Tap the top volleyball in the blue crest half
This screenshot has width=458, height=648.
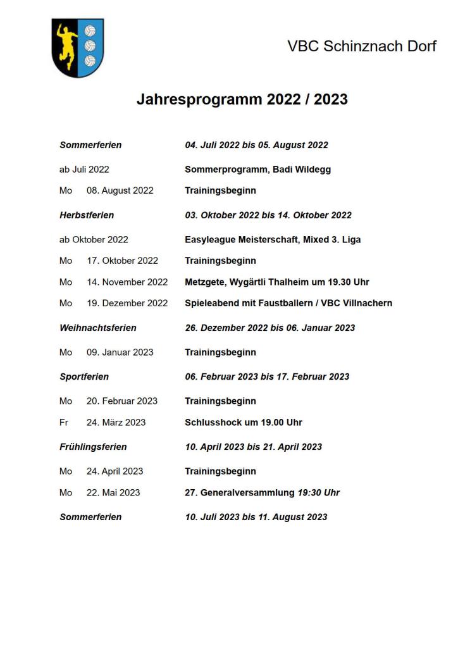tap(90, 31)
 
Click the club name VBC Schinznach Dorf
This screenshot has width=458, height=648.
tap(362, 46)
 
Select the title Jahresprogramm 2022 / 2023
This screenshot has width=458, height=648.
tap(242, 99)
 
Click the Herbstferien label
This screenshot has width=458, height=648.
tap(87, 215)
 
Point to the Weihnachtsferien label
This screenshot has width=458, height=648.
tap(98, 328)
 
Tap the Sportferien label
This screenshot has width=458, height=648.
tap(84, 377)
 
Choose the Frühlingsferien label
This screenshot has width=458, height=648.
tap(93, 447)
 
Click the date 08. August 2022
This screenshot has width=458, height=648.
tap(120, 190)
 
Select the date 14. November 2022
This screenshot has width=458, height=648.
tap(127, 282)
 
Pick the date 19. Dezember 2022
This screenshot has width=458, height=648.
tap(127, 303)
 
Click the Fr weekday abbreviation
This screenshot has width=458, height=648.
tap(64, 422)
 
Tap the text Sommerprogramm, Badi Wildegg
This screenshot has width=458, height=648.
tap(257, 170)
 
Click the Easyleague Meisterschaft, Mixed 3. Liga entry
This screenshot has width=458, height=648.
tap(273, 240)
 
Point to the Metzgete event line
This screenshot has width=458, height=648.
tap(276, 282)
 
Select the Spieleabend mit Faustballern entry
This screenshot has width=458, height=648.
tap(288, 303)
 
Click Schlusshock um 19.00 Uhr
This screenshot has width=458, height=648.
tap(244, 422)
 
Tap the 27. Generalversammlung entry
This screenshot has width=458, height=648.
tap(262, 492)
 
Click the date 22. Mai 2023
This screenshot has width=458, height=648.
tap(113, 492)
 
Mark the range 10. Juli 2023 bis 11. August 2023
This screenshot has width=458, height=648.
tap(256, 517)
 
